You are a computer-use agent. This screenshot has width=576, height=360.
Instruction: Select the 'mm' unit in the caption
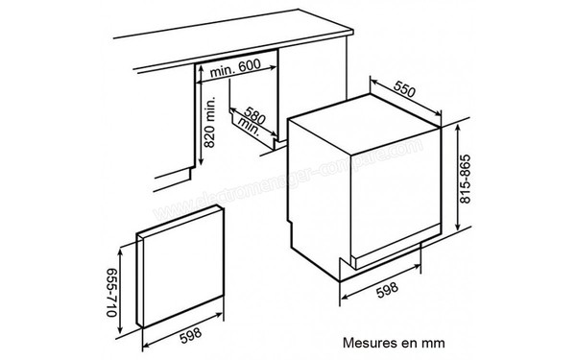click(434, 339)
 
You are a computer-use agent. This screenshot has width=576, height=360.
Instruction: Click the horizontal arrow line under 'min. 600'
click(237, 82)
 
